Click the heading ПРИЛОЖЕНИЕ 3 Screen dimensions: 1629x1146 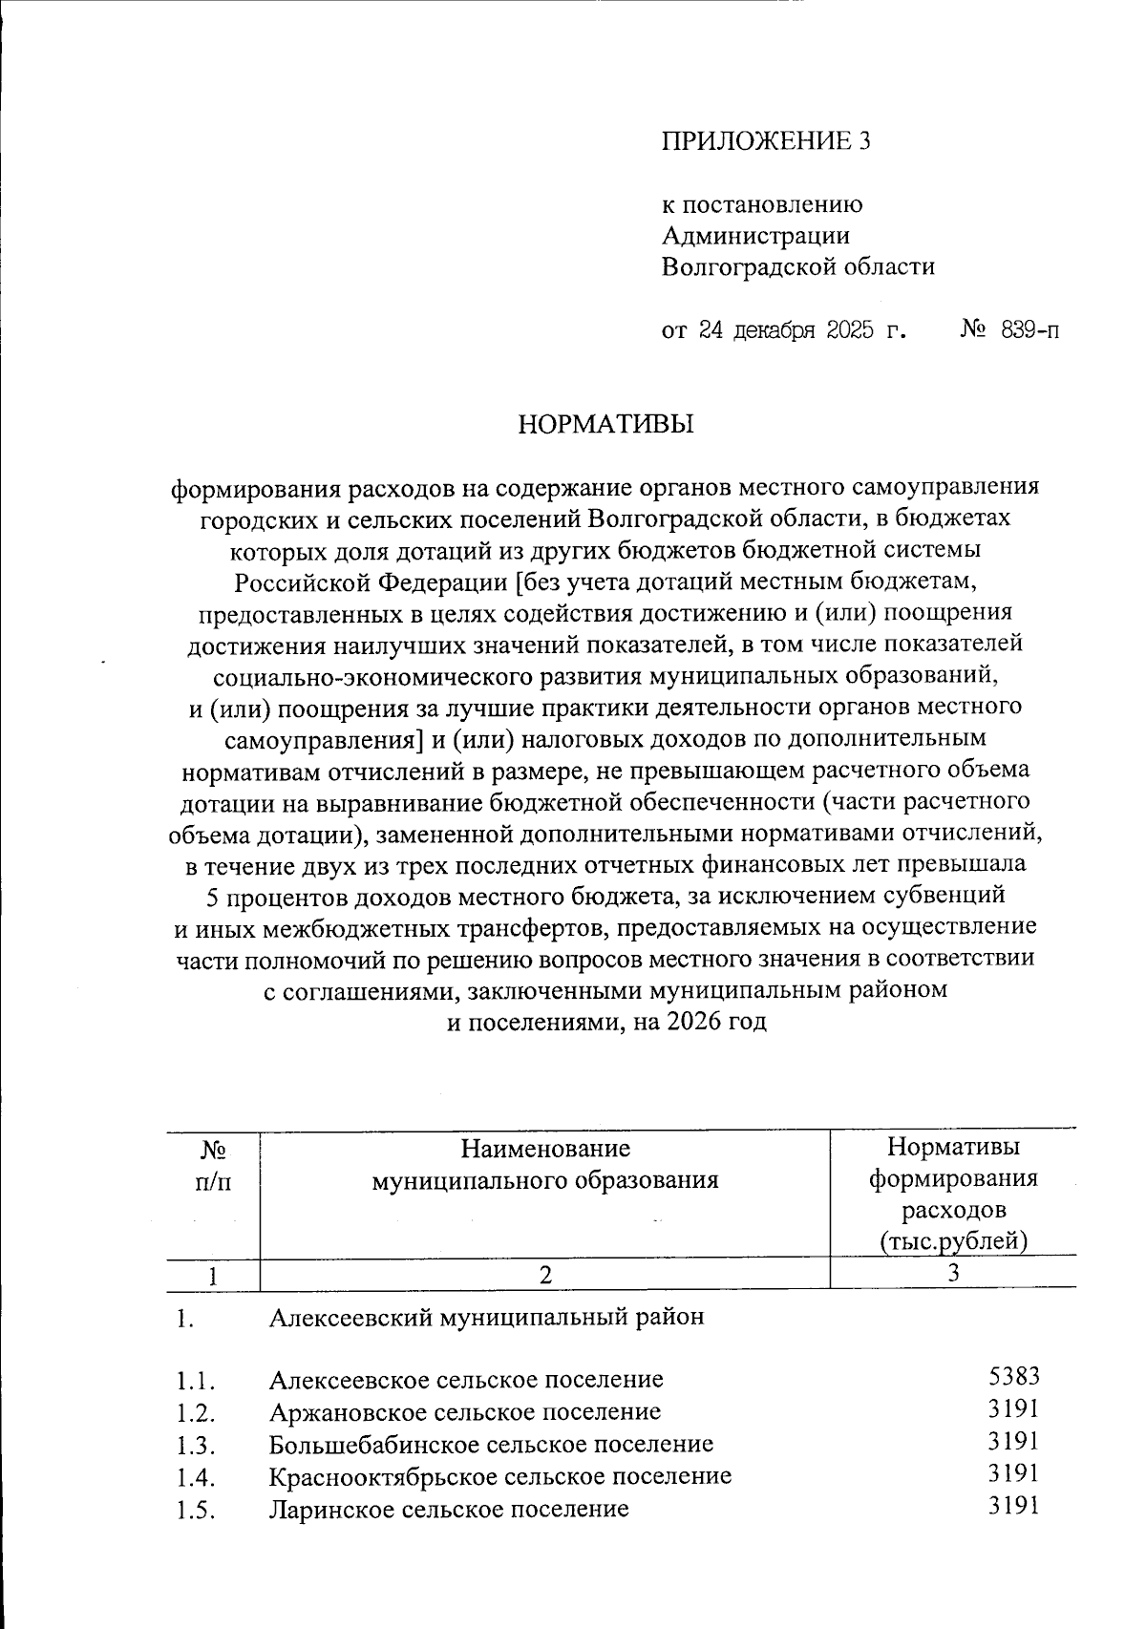(767, 141)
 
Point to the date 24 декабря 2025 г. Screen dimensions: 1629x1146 (783, 331)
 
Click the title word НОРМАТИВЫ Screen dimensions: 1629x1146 (605, 424)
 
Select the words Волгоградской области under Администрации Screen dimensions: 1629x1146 (798, 266)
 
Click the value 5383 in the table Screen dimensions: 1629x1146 (1014, 1376)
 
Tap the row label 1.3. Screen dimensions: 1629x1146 (195, 1444)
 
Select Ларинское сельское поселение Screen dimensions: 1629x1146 (449, 1509)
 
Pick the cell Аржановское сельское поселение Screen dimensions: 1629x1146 (464, 1411)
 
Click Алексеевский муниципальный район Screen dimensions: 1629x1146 (486, 1317)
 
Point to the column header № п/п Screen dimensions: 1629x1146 (212, 1165)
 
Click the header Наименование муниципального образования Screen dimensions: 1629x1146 (544, 1164)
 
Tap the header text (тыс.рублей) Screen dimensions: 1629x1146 (953, 1240)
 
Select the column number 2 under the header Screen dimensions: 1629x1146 (544, 1274)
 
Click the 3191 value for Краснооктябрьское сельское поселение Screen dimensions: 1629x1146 (1014, 1473)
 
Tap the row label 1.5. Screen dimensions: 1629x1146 (195, 1510)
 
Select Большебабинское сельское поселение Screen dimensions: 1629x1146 (491, 1444)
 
